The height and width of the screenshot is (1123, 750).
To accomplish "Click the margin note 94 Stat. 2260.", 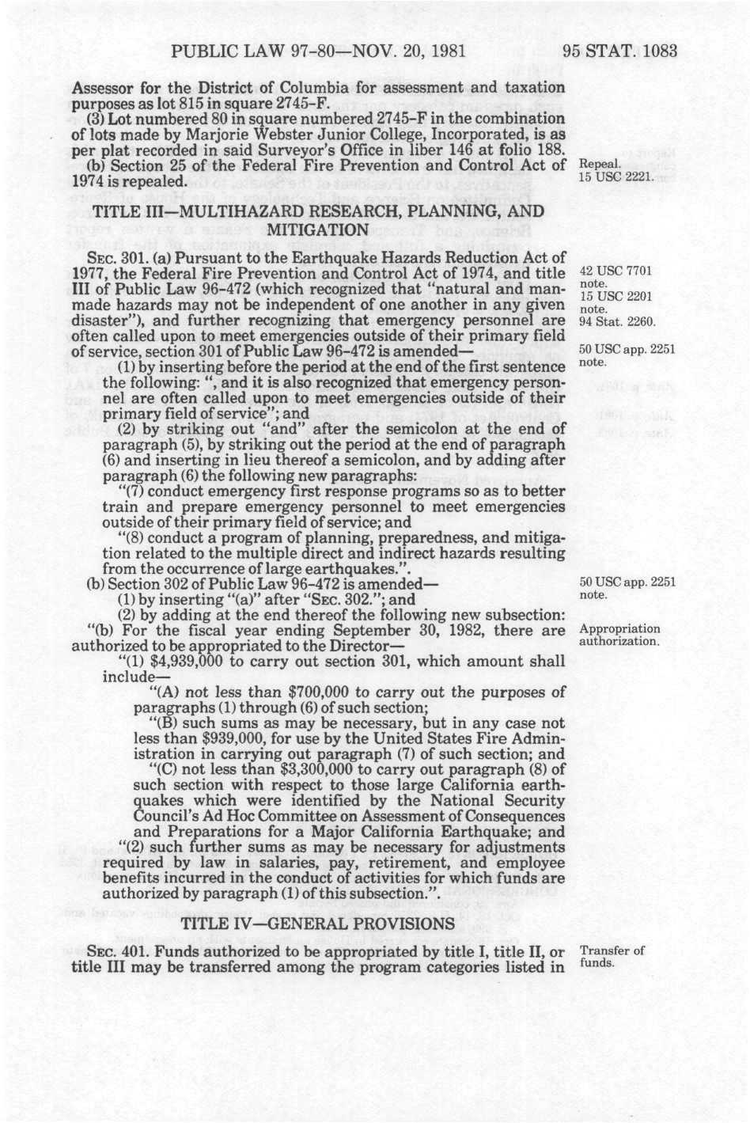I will [616, 321].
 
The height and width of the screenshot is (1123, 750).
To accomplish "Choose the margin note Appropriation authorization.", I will [619, 635].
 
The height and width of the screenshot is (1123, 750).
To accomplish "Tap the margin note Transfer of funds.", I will [612, 957].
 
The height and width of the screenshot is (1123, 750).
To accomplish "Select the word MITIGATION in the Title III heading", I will [319, 230].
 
